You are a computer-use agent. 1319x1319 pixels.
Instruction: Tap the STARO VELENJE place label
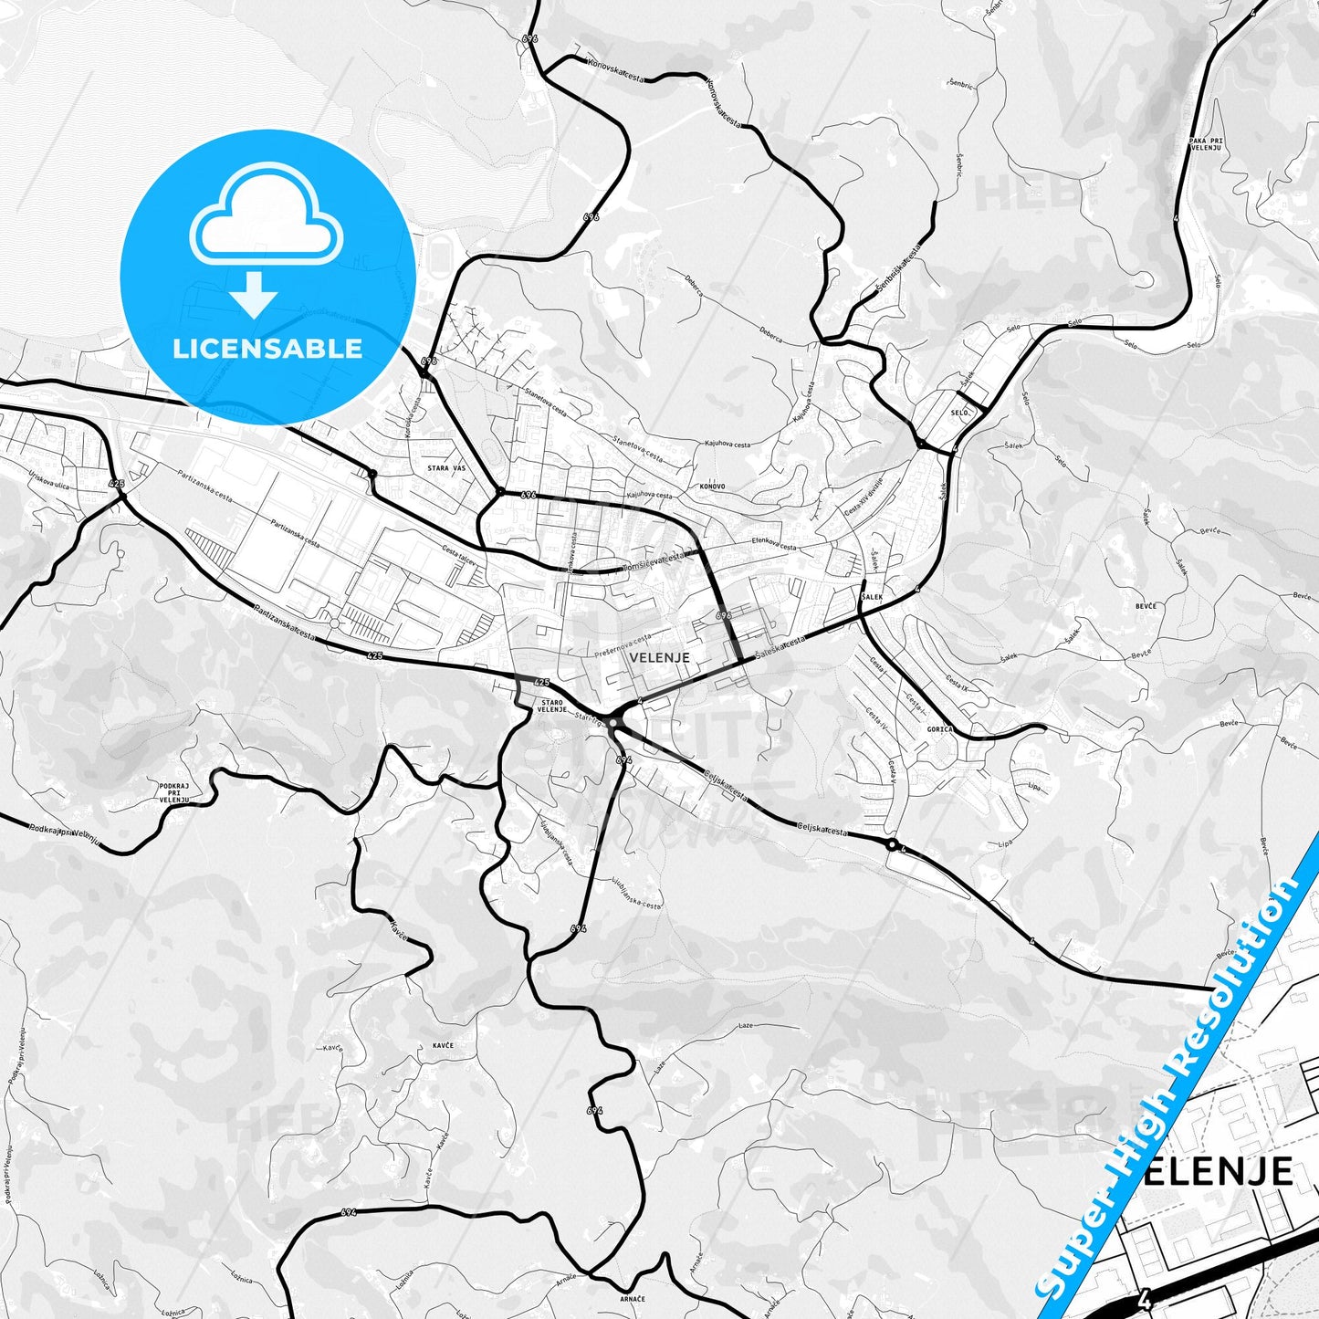(552, 705)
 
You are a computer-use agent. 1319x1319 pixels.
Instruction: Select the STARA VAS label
(445, 468)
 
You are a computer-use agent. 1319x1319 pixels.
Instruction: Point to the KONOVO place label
(712, 487)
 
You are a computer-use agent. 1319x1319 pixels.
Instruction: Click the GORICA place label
(939, 729)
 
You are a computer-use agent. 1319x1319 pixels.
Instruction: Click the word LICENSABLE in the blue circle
(267, 349)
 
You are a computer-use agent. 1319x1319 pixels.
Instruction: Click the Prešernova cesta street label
(623, 644)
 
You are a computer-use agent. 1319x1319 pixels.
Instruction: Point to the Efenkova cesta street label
(774, 544)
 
